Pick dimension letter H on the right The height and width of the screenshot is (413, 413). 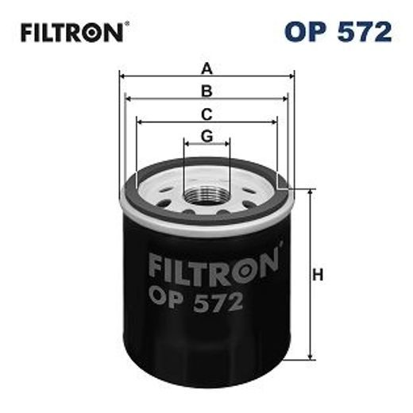point(318,276)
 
